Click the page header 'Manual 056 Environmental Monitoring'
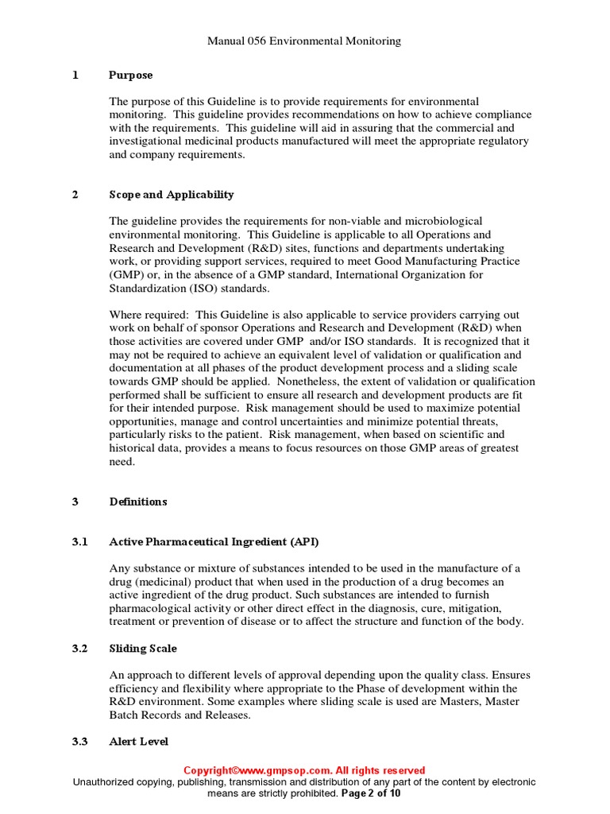tap(304, 41)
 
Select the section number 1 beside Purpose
tap(75, 76)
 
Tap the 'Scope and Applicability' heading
tap(171, 195)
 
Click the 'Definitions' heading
tap(138, 502)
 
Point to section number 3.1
tap(79, 541)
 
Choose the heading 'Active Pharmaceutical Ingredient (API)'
tap(214, 541)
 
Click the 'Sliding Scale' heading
tap(143, 649)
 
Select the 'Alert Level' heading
tap(138, 742)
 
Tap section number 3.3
tap(79, 742)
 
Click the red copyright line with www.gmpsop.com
tap(304, 770)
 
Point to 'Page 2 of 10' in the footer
tap(371, 793)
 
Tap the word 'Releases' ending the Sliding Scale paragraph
tap(226, 715)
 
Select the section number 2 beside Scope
tap(75, 195)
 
